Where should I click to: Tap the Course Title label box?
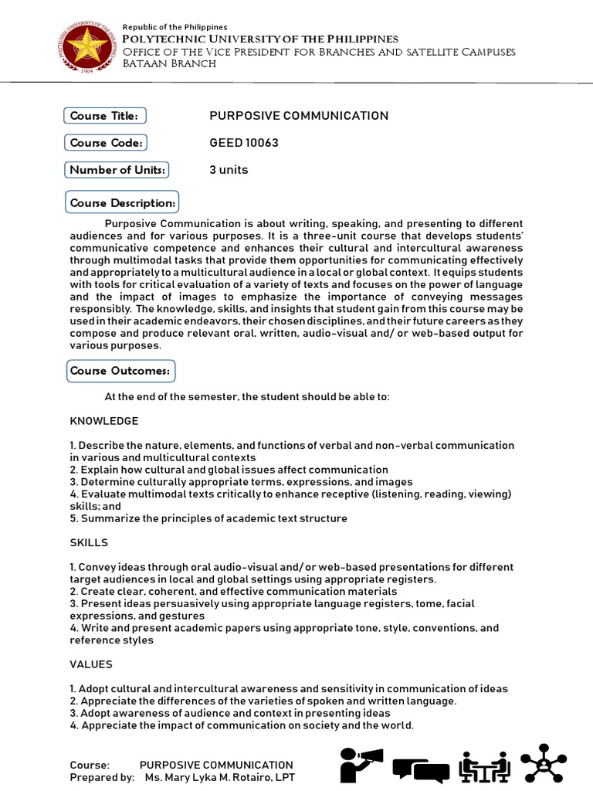click(x=104, y=116)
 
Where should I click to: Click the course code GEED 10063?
click(x=244, y=143)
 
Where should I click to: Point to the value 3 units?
click(x=229, y=170)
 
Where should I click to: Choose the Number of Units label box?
click(x=118, y=170)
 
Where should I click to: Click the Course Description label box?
click(x=123, y=203)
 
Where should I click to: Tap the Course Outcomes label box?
click(x=120, y=371)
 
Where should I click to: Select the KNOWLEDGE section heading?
click(x=104, y=421)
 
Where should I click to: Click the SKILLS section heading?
click(x=89, y=542)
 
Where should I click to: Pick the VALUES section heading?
click(x=91, y=664)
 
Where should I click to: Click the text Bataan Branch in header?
click(x=170, y=63)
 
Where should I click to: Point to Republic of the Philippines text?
click(x=175, y=27)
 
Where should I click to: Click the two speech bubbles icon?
click(x=420, y=770)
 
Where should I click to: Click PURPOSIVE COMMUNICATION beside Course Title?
click(x=299, y=116)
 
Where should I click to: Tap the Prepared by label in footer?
click(x=102, y=777)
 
